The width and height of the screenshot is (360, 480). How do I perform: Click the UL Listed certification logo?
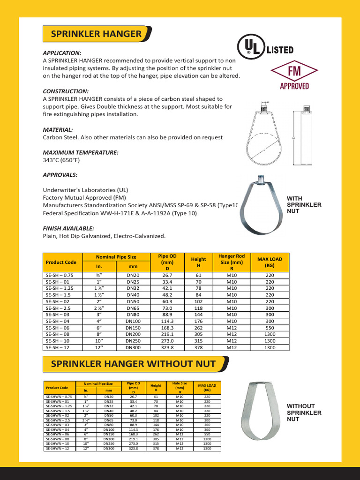pos(265,48)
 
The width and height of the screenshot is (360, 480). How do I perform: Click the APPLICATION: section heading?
pos(62,53)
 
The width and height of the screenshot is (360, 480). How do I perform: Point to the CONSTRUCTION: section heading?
pos(66,91)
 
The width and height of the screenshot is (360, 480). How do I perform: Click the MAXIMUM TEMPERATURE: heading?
pos(81,152)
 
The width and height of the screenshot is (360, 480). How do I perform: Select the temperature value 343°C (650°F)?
pos(61,160)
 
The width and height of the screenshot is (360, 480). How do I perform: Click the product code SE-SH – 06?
pos(58,328)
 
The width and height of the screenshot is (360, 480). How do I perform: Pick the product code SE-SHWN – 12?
pos(57,448)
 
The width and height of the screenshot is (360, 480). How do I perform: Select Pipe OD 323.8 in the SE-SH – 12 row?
pos(167,348)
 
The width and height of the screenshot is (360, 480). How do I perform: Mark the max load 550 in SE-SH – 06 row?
pos(270,328)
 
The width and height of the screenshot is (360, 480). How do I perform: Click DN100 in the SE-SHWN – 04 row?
pos(109,429)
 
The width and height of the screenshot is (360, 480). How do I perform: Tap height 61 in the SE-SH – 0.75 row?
pos(198,276)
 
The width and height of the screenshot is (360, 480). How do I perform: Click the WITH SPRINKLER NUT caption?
pos(304,205)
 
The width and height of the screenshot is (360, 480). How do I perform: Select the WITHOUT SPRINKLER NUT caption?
pos(304,412)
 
